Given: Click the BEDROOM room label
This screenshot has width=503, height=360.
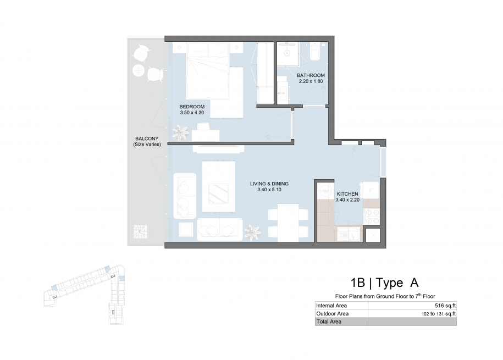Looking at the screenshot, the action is click(192, 107).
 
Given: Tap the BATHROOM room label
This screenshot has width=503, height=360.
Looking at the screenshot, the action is click(311, 75).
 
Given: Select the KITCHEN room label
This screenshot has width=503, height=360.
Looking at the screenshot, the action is click(347, 194).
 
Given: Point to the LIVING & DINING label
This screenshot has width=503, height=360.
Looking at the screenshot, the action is click(269, 184).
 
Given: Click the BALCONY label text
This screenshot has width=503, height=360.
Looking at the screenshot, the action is click(147, 139).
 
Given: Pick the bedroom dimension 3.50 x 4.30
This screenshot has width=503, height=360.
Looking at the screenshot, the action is click(192, 113).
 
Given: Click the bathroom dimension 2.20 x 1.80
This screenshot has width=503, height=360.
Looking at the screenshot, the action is click(311, 81).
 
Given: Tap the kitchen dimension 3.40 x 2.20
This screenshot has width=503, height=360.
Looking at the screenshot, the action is click(347, 200).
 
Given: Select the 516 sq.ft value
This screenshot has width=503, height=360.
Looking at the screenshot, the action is click(445, 306).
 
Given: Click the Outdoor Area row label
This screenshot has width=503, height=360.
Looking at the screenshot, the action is click(333, 313).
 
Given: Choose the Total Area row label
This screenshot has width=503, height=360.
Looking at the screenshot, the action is click(329, 322).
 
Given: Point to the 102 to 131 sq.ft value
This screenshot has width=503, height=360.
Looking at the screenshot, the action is click(439, 314).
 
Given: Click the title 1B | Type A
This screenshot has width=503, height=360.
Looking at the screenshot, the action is click(384, 283).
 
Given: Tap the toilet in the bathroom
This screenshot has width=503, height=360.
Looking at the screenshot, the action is click(314, 52).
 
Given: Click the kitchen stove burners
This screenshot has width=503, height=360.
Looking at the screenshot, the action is click(372, 217).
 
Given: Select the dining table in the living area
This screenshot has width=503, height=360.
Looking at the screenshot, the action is click(288, 223).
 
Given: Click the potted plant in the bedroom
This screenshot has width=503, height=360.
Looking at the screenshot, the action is click(181, 132).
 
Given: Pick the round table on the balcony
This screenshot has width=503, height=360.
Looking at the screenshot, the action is click(139, 70).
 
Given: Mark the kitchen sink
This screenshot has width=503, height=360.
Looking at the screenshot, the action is click(349, 234).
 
